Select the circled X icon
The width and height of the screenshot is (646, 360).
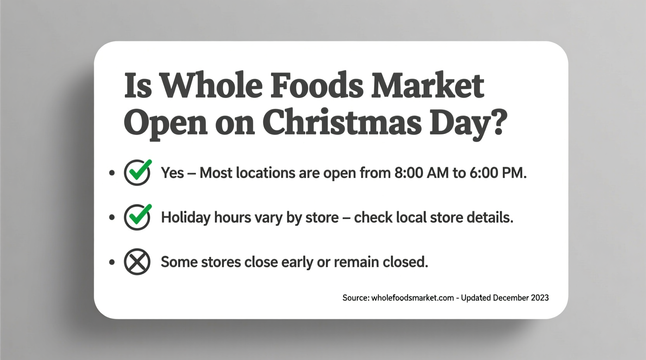click(x=137, y=261)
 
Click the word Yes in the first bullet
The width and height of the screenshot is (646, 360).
click(x=172, y=173)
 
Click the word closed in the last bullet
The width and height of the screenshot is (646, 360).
click(x=405, y=262)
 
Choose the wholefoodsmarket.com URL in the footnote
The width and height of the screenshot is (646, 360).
click(x=413, y=298)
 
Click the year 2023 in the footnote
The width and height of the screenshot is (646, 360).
click(x=539, y=298)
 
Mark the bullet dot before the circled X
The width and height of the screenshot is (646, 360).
click(x=112, y=262)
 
